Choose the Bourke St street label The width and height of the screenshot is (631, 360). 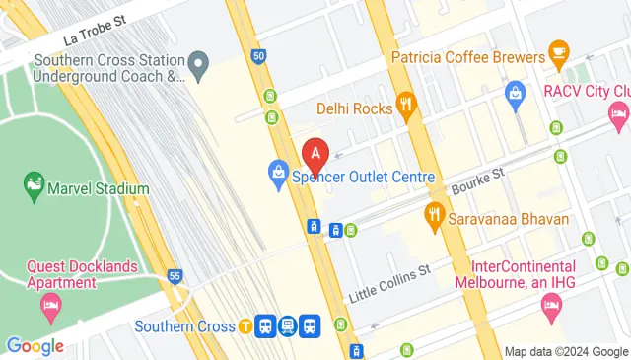click(478, 180)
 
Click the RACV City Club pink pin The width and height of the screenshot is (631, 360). click(618, 117)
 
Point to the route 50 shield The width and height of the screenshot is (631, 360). click(258, 56)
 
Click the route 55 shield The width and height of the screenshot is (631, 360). click(175, 276)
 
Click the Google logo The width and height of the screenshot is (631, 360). click(35, 346)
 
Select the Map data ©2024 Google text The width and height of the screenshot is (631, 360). click(565, 352)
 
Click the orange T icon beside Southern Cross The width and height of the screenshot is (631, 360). click(244, 325)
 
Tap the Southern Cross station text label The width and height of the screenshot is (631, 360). click(183, 326)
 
